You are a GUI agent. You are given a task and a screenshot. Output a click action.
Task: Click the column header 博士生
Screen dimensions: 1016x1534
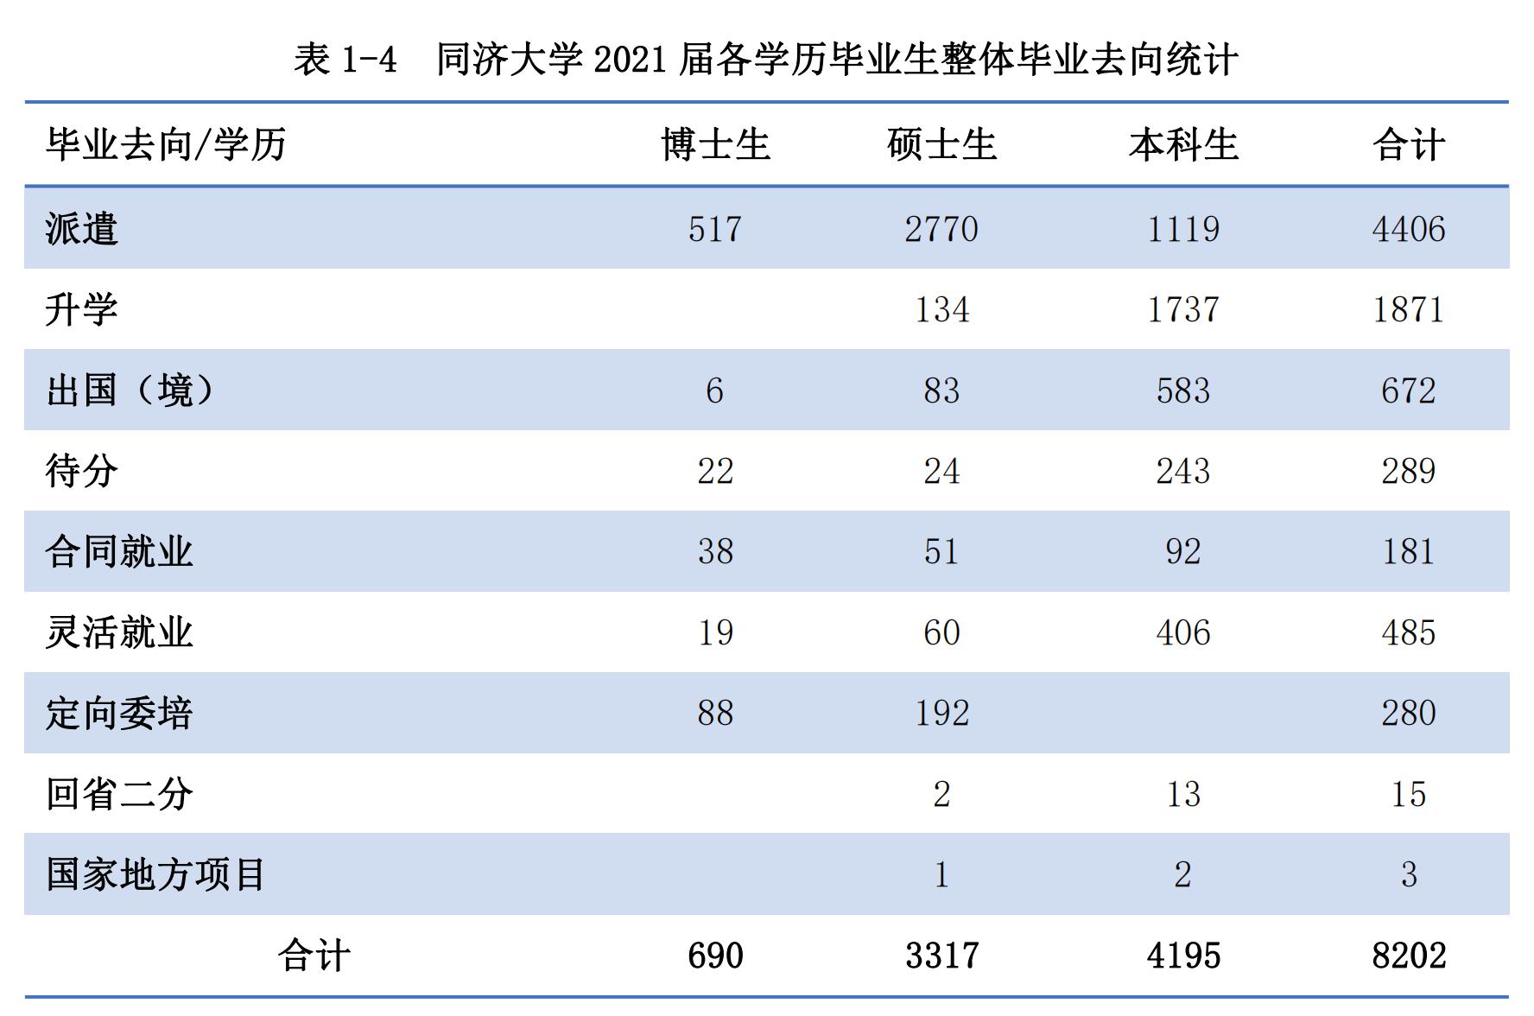click(x=715, y=144)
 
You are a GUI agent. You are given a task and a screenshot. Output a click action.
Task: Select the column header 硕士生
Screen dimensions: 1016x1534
click(x=941, y=144)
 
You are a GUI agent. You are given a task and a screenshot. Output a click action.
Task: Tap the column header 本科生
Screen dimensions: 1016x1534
click(x=1183, y=144)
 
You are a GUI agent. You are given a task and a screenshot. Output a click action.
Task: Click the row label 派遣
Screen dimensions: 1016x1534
click(x=81, y=229)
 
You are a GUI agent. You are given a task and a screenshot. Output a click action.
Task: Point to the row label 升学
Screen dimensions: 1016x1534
click(x=81, y=309)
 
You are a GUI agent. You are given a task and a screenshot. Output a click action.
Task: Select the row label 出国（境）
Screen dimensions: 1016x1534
click(x=130, y=391)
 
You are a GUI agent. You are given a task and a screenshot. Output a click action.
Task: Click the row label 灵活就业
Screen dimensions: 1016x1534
click(x=119, y=632)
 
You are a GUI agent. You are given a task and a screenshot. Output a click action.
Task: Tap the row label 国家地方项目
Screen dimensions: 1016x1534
click(x=155, y=874)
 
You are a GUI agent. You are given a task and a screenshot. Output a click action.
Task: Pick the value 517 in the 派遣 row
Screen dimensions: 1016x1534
click(x=715, y=229)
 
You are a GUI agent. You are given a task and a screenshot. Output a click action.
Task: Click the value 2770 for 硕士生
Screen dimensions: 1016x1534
click(x=941, y=229)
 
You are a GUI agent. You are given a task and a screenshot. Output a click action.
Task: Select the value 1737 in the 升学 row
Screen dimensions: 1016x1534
click(x=1183, y=309)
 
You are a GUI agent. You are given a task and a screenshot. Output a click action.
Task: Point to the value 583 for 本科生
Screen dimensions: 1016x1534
click(x=1183, y=391)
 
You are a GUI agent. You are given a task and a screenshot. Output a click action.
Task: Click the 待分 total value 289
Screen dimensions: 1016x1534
click(x=1408, y=471)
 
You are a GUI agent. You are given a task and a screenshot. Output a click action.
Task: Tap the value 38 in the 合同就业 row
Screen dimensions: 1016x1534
click(x=715, y=551)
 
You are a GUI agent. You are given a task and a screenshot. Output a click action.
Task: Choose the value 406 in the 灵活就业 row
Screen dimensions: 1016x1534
click(x=1183, y=632)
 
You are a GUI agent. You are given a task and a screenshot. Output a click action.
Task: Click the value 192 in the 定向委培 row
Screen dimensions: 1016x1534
click(x=941, y=713)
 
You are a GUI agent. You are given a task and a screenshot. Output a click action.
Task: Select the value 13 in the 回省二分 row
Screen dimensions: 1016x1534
click(x=1183, y=794)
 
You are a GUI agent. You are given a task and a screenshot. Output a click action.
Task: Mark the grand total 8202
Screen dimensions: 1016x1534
click(x=1408, y=956)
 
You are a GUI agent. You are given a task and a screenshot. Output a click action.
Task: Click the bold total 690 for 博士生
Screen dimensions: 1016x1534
click(x=715, y=956)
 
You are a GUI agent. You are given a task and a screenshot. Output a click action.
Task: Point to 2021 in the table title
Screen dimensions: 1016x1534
click(x=631, y=60)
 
